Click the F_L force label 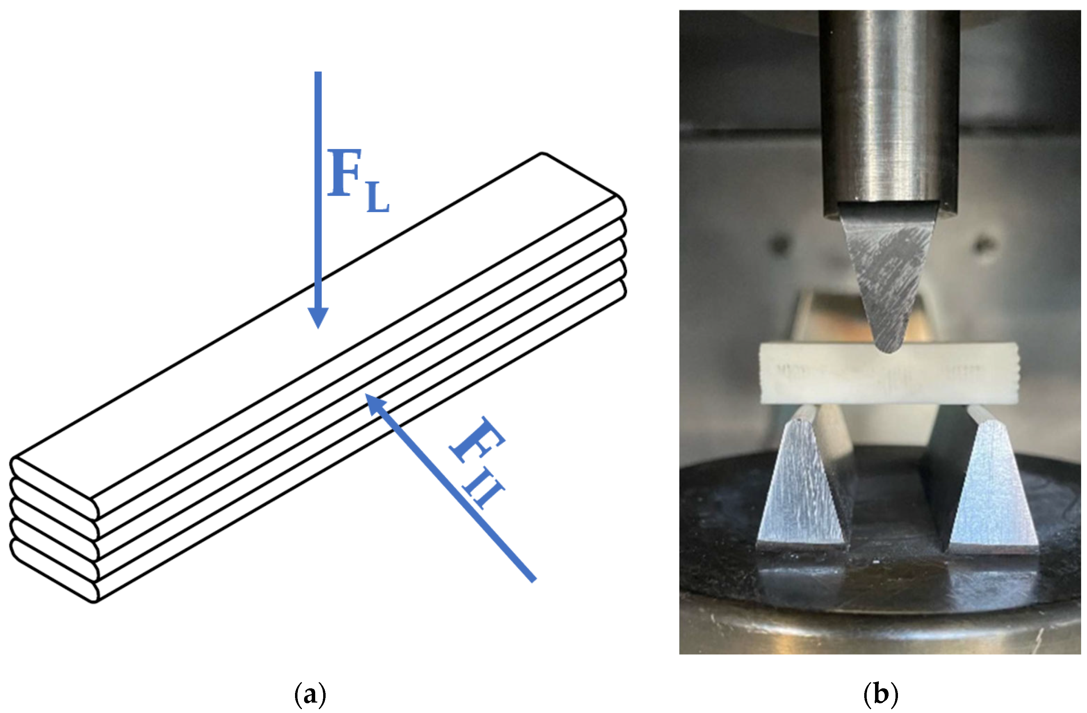pos(358,180)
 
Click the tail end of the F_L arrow pos(318,74)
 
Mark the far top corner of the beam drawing pos(542,154)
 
